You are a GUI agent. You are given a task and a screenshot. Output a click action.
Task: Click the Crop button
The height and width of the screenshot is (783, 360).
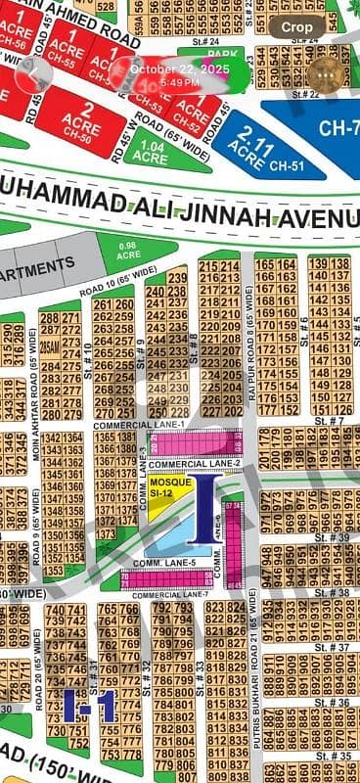pyautogui.click(x=296, y=28)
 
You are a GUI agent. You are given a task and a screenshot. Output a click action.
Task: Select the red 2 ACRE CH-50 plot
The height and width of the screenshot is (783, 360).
pyautogui.click(x=81, y=121)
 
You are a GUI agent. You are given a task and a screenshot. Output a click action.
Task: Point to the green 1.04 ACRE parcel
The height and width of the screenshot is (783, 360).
pyautogui.click(x=151, y=154)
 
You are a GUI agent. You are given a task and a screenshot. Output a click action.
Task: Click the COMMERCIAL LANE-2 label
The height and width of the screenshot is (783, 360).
pyautogui.click(x=195, y=463)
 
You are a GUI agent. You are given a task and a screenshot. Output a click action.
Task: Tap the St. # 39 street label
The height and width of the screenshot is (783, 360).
pyautogui.click(x=339, y=537)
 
